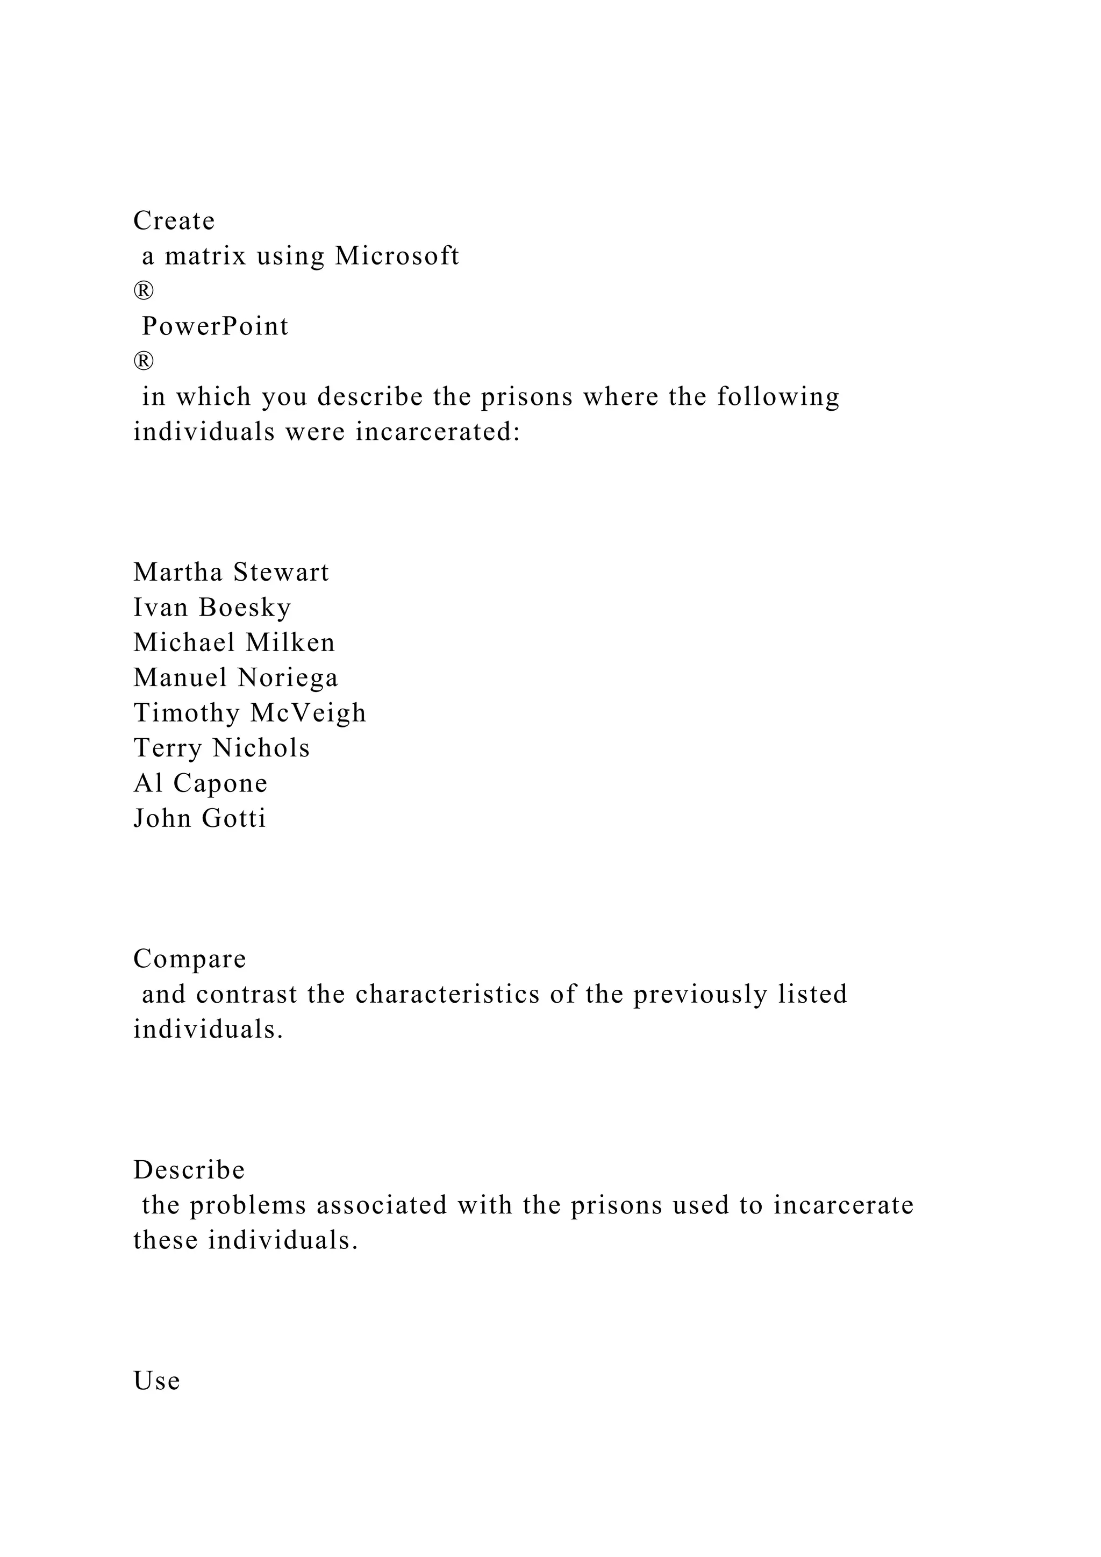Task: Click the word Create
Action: pos(174,221)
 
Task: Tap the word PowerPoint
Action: pos(215,327)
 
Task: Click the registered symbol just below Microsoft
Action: pos(144,291)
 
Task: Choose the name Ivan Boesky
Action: pos(212,608)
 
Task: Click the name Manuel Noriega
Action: pos(235,678)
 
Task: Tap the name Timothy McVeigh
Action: pos(249,713)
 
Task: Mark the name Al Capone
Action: pos(200,784)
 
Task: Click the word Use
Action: pos(156,1381)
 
